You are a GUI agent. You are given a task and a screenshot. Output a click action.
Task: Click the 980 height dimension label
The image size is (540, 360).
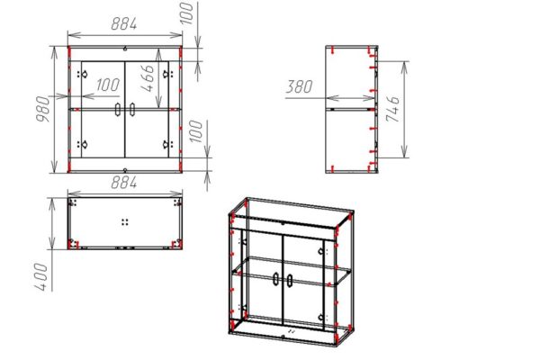(43, 109)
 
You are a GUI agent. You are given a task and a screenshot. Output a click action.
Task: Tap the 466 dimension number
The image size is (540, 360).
(148, 78)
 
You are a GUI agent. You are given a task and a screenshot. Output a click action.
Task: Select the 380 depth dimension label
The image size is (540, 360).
(300, 86)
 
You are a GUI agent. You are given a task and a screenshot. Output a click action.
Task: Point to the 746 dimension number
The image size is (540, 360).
(393, 109)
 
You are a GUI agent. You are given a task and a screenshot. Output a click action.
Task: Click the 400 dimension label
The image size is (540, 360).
(41, 276)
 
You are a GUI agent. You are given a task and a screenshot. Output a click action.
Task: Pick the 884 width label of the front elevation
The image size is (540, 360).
(124, 23)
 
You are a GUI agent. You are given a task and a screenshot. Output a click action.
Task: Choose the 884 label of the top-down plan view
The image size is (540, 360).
(124, 182)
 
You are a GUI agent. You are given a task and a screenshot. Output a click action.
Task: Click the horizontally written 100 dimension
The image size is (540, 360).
(108, 85)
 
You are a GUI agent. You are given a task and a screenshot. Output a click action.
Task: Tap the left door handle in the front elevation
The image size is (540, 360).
(118, 109)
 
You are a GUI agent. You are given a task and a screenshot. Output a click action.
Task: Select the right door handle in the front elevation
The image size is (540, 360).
(132, 109)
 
